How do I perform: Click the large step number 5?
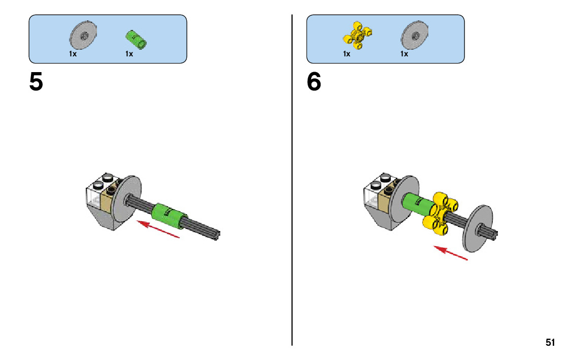(36, 82)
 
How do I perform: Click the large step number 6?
(314, 82)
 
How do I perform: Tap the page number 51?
(550, 342)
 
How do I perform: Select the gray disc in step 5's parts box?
(83, 36)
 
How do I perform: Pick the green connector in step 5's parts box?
(136, 39)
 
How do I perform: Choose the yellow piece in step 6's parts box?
(358, 36)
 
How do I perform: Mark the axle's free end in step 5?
(218, 234)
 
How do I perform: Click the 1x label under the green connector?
(129, 54)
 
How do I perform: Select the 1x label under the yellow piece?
(347, 54)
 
